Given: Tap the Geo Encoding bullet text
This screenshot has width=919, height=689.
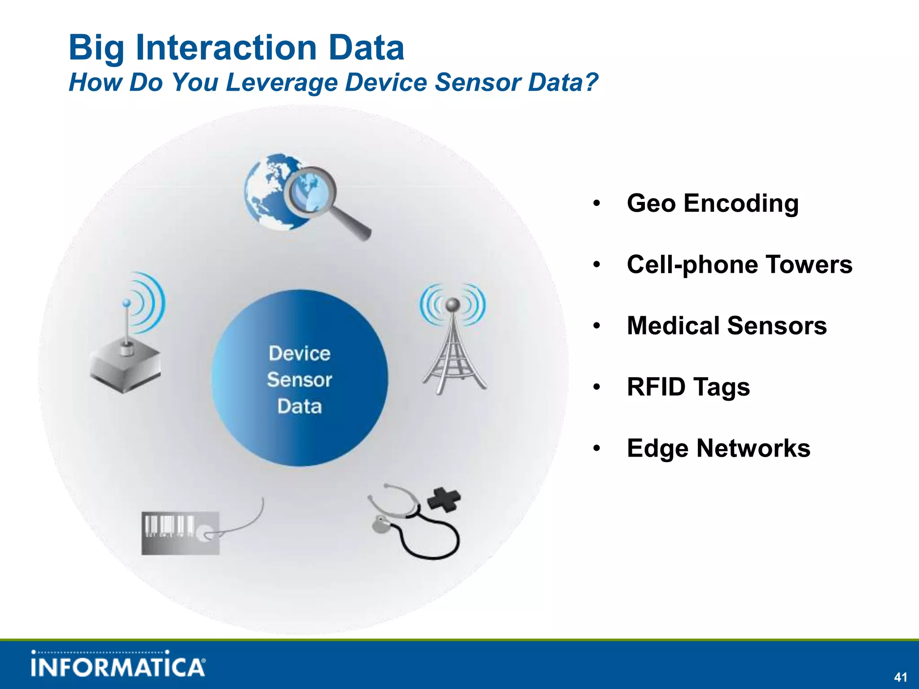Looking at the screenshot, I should [x=713, y=203].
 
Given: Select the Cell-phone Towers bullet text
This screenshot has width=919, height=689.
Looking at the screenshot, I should [x=739, y=264].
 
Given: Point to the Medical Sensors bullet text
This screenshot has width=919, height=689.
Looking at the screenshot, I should [x=726, y=326].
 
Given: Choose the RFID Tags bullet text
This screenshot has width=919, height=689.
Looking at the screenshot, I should [x=688, y=387].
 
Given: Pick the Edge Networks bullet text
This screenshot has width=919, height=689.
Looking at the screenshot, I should [x=718, y=448].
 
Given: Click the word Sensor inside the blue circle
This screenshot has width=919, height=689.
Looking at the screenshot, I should [x=299, y=380].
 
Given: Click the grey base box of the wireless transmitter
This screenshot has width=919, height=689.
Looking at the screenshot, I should [x=125, y=368].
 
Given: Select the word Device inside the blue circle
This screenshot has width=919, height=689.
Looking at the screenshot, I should [x=299, y=353].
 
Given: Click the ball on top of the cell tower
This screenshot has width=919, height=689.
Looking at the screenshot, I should [x=453, y=305].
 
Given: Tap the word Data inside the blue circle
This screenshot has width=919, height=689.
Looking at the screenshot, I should [x=299, y=406].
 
